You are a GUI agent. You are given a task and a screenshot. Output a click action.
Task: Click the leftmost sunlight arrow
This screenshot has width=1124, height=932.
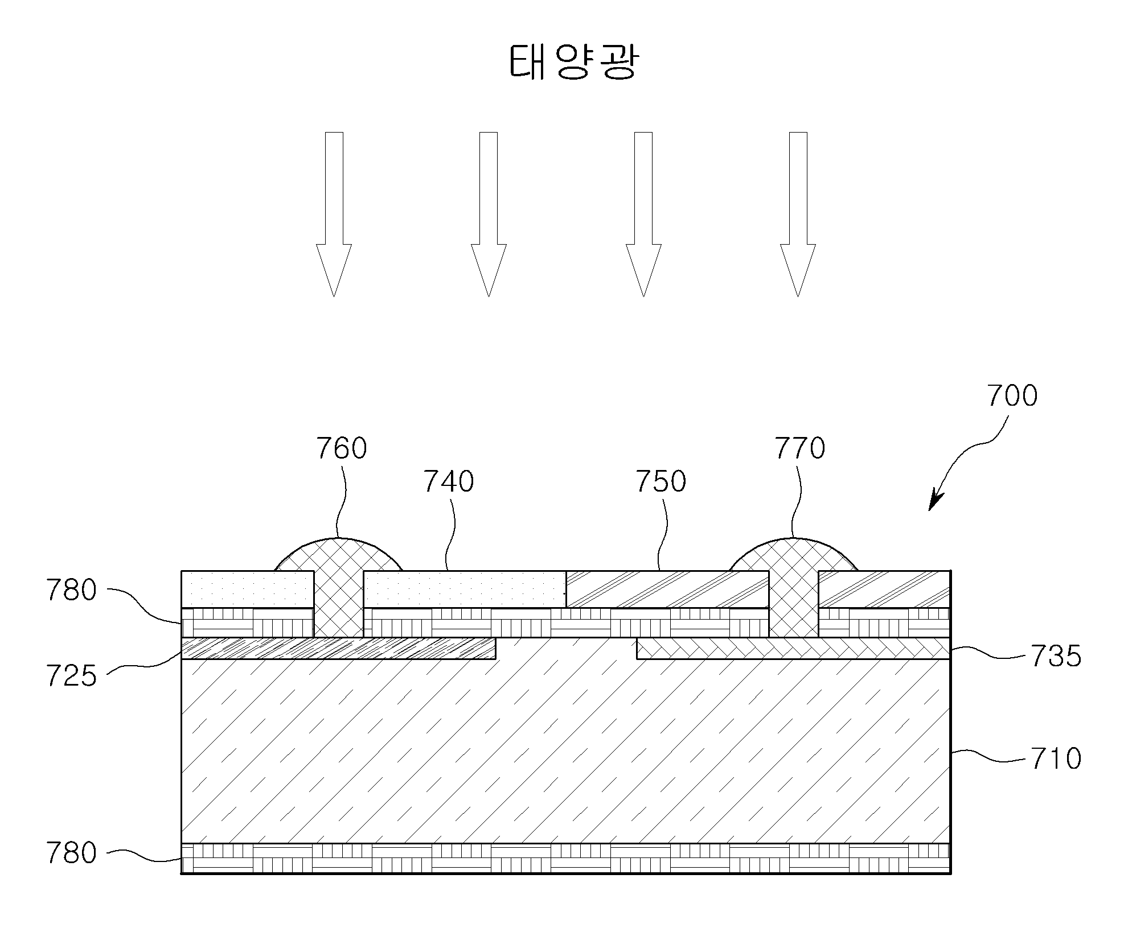tap(334, 214)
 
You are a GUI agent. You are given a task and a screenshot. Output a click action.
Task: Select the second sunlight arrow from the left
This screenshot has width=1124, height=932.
tap(489, 214)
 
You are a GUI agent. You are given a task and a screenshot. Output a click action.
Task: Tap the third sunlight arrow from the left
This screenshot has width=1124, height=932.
tap(643, 214)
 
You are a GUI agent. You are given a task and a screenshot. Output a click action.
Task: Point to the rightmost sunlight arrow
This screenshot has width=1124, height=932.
tap(798, 214)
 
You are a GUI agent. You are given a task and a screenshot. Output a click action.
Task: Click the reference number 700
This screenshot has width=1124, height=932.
tap(1012, 395)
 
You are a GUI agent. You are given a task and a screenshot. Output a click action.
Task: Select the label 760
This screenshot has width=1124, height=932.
tap(342, 448)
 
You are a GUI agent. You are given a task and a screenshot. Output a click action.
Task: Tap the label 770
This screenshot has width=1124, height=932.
tap(799, 448)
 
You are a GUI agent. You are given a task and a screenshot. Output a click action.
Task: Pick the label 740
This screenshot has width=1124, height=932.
tap(449, 481)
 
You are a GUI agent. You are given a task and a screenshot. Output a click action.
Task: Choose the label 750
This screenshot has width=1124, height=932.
tap(661, 481)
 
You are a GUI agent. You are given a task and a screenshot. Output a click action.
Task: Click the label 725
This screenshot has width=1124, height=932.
tap(71, 677)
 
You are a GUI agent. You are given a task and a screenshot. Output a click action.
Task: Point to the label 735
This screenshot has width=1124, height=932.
tap(1056, 657)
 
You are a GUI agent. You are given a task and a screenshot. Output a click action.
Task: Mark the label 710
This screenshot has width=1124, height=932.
tap(1056, 759)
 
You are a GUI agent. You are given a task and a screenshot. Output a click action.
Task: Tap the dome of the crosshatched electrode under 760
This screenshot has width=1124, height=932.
tap(339, 555)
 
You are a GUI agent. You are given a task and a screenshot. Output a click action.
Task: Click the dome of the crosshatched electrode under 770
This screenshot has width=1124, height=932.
tap(794, 555)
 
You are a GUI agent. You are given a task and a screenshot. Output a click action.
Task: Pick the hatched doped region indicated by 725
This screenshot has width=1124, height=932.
tap(338, 648)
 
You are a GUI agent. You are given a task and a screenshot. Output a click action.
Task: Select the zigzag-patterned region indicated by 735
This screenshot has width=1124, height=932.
tap(794, 648)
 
